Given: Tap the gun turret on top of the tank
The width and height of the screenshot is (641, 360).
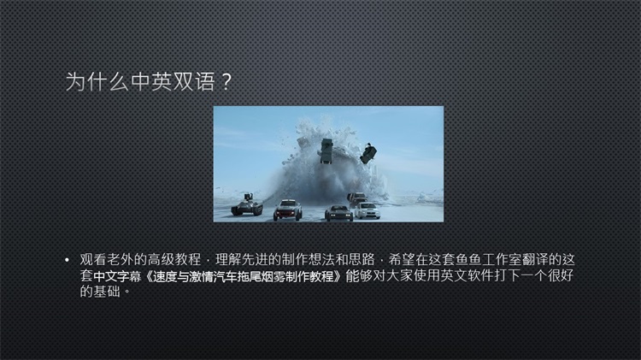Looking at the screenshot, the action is tap(248, 198).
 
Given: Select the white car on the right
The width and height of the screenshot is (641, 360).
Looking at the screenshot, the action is tap(367, 210).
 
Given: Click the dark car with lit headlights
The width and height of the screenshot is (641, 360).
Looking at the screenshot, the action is tap(338, 213).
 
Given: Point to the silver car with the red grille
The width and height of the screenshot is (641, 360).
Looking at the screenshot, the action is tap(288, 210).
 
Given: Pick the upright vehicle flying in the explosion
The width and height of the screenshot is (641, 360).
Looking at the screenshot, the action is tap(326, 150).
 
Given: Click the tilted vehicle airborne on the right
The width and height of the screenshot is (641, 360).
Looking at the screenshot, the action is tap(368, 153).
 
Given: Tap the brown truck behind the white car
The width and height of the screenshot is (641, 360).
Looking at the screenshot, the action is tap(356, 198).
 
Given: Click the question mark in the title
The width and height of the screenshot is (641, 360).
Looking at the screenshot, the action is tap(226, 81).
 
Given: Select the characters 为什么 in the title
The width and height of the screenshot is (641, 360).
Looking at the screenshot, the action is tap(97, 81).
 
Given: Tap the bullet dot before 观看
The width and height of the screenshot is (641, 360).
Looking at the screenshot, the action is tap(67, 260).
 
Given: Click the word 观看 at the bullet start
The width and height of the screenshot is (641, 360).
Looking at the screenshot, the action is tap(93, 259).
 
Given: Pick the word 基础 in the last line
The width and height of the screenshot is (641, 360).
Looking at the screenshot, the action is tap(107, 292).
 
